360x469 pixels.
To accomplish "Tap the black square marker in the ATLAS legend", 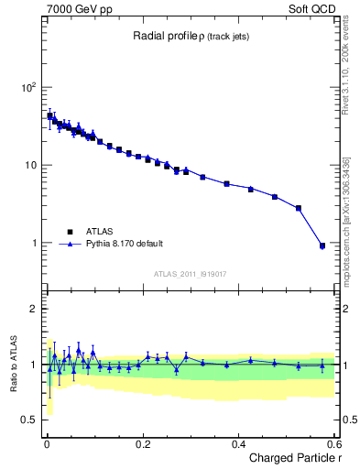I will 70,232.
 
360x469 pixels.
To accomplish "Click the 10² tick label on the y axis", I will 27,88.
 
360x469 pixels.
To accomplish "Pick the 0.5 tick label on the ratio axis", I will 29,420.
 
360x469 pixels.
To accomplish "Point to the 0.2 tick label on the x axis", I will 143,443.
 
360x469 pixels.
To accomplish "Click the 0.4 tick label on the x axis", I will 239,443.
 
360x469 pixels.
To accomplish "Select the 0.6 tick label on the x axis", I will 333,443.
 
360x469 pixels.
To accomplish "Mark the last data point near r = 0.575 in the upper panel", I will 322,245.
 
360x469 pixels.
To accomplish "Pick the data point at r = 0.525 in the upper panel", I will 298,208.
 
